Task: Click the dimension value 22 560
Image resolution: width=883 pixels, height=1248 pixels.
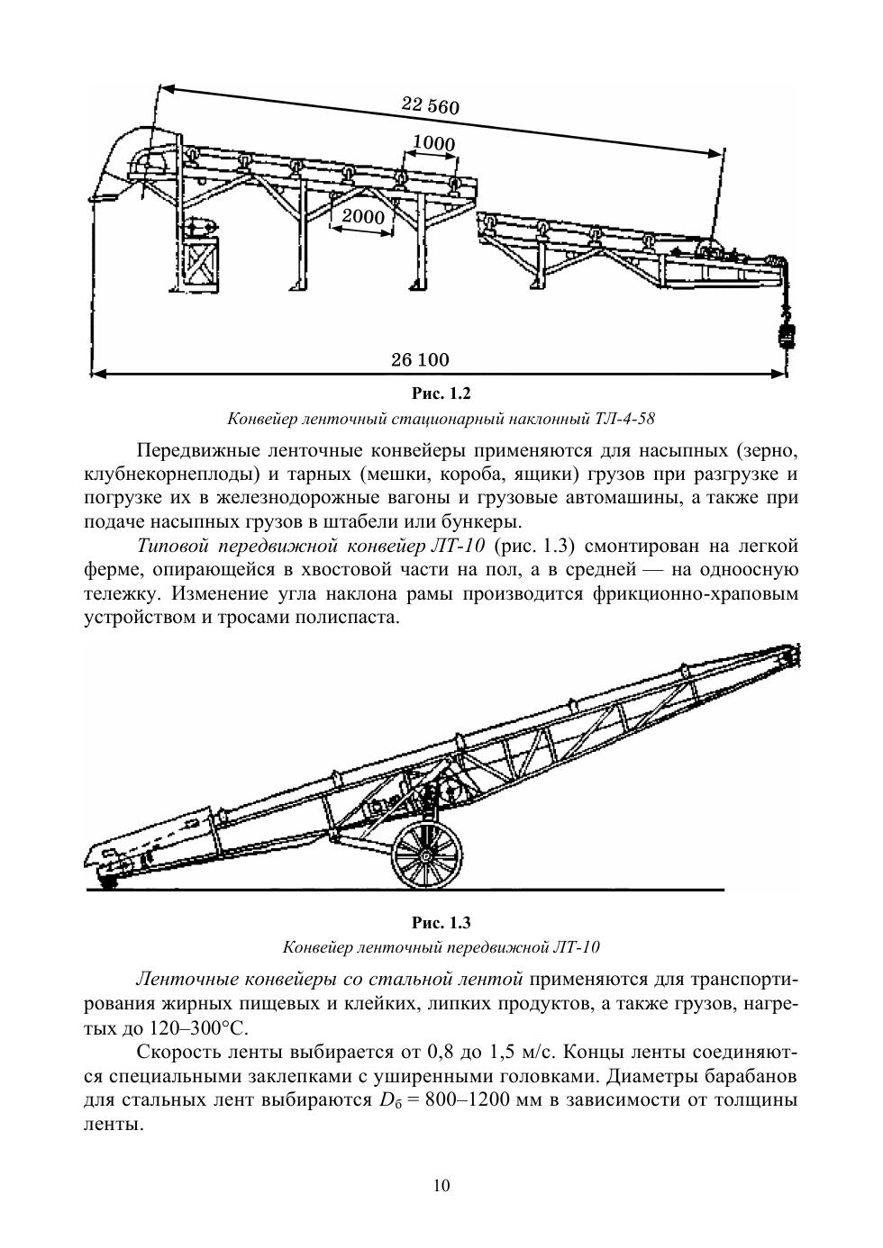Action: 430,105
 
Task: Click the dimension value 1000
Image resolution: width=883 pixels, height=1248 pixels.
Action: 433,143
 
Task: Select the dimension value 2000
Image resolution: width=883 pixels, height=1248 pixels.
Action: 363,217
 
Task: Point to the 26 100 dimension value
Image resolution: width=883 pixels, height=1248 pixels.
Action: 420,360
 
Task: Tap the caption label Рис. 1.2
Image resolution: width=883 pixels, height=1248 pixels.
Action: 441,393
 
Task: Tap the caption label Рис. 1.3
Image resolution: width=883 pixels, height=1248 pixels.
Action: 441,923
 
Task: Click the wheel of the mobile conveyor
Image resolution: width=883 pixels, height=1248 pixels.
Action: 427,854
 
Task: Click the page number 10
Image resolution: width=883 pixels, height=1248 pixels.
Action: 441,1185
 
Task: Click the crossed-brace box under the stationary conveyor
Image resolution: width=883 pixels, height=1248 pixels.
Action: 200,263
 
